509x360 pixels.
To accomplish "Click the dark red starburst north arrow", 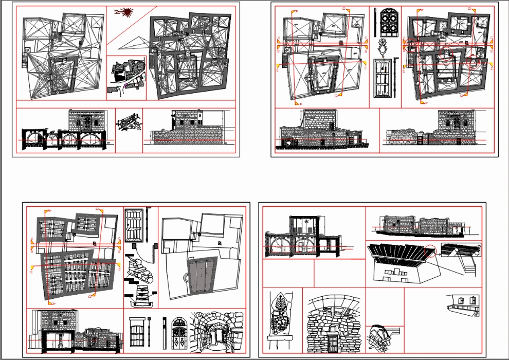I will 125,13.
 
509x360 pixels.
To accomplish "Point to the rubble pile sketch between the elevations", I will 129,124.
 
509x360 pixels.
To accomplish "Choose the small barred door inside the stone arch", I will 332,343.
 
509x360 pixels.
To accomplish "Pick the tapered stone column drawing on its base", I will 139,295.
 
